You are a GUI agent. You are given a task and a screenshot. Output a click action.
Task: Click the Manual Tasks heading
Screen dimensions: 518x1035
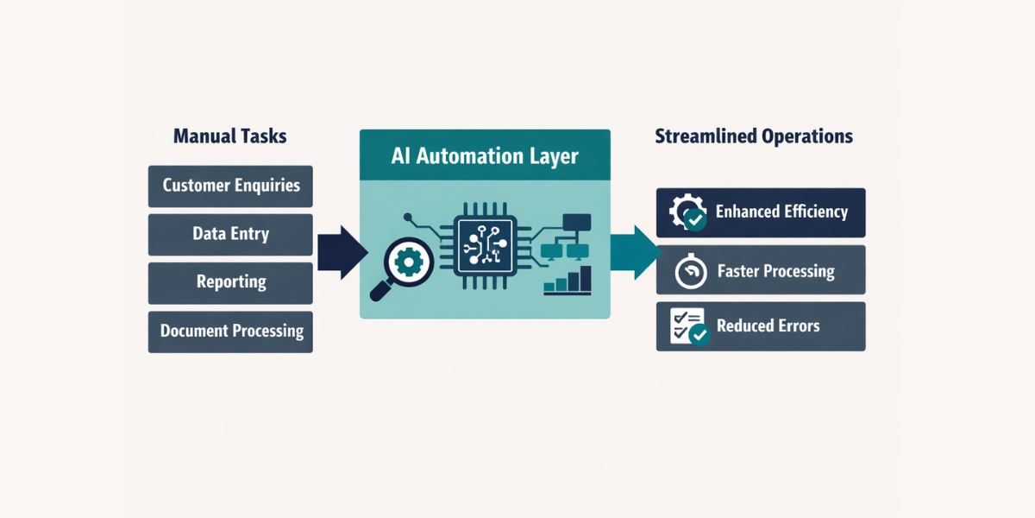(229, 136)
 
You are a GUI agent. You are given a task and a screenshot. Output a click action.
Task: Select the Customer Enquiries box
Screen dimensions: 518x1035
(230, 186)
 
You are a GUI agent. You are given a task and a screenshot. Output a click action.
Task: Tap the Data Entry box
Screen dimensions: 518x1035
(230, 234)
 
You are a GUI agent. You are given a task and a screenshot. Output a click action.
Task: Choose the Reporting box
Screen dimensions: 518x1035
(230, 282)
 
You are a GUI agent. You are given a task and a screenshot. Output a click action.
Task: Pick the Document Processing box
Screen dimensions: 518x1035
(230, 331)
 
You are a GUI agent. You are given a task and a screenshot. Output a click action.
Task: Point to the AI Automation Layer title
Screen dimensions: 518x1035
(485, 156)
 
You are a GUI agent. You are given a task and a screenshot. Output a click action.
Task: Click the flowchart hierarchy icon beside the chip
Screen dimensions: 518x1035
(567, 237)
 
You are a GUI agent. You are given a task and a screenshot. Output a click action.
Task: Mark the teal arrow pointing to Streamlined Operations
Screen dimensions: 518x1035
(635, 252)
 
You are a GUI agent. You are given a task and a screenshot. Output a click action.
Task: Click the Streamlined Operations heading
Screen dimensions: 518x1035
(754, 136)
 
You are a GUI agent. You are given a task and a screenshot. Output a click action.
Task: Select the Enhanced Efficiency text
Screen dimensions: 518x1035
(781, 212)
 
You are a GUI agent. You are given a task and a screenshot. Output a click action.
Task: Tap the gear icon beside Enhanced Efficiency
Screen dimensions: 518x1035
(687, 212)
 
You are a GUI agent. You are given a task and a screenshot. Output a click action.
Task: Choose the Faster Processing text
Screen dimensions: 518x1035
(775, 272)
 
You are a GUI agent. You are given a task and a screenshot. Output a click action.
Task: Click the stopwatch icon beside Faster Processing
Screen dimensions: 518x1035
(689, 271)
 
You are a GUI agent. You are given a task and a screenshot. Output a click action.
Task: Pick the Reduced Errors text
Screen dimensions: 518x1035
(768, 326)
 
